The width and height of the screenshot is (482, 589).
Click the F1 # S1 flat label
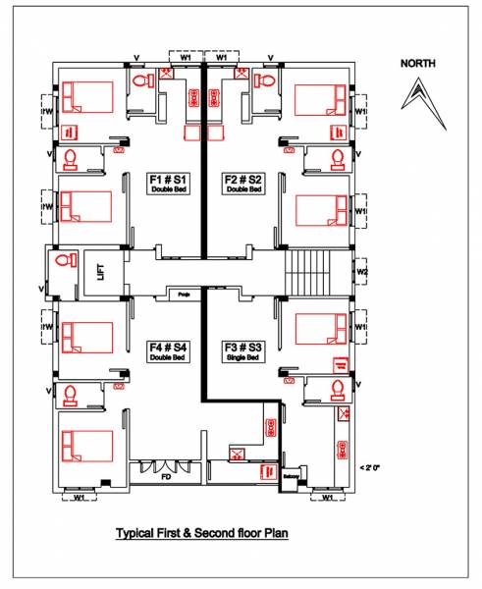(169, 179)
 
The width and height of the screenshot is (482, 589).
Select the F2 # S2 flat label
(242, 179)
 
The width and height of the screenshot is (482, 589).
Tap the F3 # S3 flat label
(242, 346)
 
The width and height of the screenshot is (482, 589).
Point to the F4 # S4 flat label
(169, 346)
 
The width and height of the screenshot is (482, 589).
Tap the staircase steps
(307, 270)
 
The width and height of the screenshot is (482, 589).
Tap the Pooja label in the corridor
(184, 294)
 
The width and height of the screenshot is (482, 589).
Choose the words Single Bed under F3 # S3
(242, 356)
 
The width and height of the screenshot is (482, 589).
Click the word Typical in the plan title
(139, 534)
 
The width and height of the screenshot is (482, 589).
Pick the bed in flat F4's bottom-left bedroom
(91, 439)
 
